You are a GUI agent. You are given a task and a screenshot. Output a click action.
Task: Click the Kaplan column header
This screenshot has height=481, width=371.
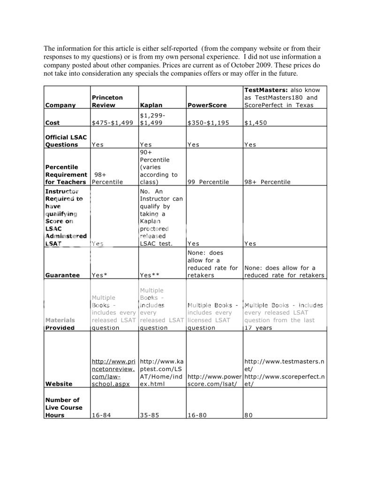pyautogui.click(x=151, y=105)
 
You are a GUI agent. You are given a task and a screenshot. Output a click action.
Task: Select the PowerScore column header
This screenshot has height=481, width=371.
pyautogui.click(x=207, y=105)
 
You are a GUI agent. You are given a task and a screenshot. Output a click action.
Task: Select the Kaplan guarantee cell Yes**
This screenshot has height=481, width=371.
pyautogui.click(x=150, y=275)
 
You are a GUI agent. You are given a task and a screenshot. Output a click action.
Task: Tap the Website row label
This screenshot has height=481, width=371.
pyautogui.click(x=59, y=384)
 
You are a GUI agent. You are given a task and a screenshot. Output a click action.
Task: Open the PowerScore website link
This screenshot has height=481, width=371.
pyautogui.click(x=214, y=380)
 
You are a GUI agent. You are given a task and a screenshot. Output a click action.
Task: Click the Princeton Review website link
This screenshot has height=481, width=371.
pyautogui.click(x=114, y=372)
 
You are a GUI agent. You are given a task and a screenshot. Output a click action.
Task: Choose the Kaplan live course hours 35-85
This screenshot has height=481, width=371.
pyautogui.click(x=149, y=415)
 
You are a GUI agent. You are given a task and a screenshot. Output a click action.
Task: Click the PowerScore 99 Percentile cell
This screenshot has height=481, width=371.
pyautogui.click(x=208, y=182)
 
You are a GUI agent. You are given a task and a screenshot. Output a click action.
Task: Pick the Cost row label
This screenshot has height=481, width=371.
pyautogui.click(x=53, y=123)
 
